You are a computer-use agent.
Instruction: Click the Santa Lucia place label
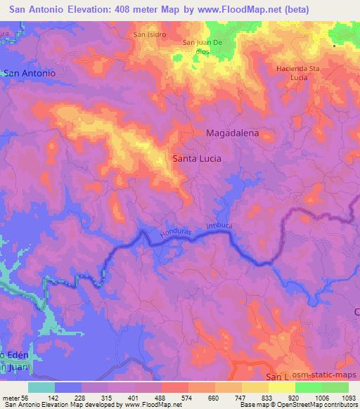197,159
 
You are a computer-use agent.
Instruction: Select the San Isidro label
149,34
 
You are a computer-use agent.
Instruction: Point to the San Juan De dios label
204,46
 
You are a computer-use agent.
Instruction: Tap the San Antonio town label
29,73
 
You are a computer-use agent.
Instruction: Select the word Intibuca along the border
218,226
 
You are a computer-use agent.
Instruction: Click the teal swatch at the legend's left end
41,387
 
